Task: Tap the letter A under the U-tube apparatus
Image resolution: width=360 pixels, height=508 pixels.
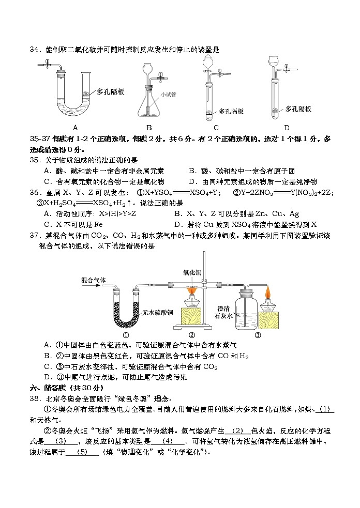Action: [x=75, y=128]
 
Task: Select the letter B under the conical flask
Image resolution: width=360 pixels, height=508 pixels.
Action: [x=148, y=128]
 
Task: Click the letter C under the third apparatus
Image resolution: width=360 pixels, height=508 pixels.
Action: [x=216, y=128]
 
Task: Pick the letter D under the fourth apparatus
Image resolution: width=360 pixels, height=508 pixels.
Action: [x=287, y=128]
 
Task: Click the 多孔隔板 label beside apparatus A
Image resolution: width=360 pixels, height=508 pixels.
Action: [x=111, y=92]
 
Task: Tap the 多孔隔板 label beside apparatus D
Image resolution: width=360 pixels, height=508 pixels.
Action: [x=298, y=109]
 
